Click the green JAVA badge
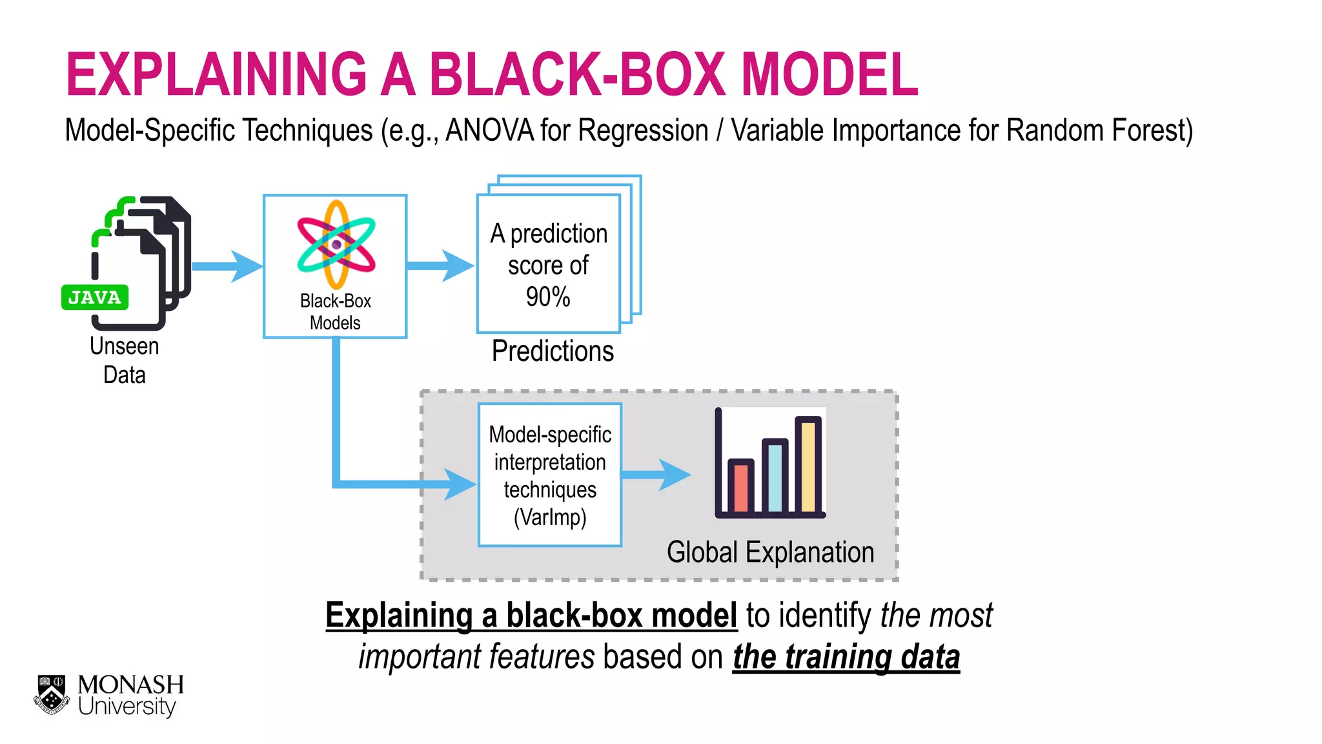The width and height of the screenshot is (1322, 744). pos(95,298)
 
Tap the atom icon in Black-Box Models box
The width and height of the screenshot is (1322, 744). pos(336,245)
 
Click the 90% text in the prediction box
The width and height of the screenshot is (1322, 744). pos(548,297)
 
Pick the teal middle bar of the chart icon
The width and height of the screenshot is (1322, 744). pos(775,476)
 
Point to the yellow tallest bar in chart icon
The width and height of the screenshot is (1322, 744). pos(808,465)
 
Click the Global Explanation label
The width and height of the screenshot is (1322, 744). pos(770,553)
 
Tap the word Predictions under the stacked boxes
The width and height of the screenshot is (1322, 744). pos(553,351)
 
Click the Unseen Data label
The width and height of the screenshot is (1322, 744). pos(124,360)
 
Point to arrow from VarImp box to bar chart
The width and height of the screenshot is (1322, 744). pos(655,475)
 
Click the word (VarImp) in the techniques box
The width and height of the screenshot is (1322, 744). pos(550,517)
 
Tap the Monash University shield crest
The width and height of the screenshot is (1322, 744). pos(52,695)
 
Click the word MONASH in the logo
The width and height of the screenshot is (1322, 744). pos(130,685)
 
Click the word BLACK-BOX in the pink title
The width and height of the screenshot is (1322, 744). pos(577,75)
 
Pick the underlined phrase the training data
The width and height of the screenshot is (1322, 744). pos(846,657)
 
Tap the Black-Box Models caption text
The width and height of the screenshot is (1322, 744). pos(335,312)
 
